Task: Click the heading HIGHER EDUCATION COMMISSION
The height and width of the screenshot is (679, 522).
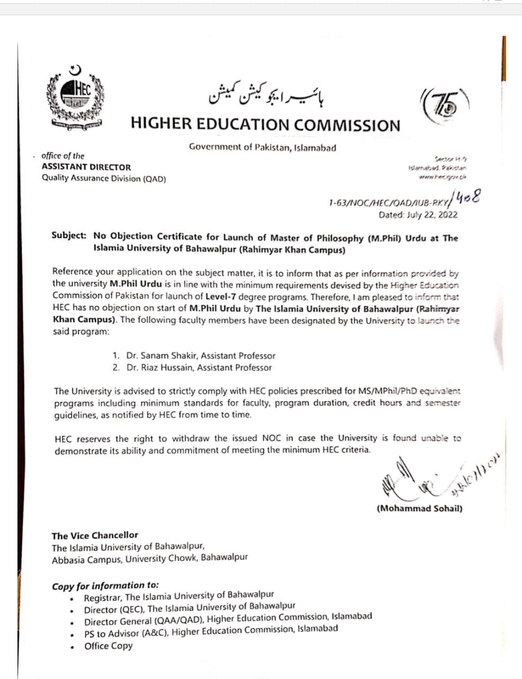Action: point(266,125)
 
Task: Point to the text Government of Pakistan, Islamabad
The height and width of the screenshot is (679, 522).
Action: point(262,147)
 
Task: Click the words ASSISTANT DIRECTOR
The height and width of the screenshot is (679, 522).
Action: point(86,167)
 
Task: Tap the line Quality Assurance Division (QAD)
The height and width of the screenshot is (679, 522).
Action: point(104,178)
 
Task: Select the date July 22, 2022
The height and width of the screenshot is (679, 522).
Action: point(418,215)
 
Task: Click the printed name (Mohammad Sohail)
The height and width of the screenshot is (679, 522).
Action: point(420,508)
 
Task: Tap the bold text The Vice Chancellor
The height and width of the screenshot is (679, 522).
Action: point(95,535)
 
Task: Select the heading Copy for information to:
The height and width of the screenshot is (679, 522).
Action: point(105,586)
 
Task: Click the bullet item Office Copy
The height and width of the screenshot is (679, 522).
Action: point(108,646)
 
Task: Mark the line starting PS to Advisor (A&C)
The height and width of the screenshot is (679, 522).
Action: point(211,632)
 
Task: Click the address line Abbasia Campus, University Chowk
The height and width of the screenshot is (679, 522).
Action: point(149,558)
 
